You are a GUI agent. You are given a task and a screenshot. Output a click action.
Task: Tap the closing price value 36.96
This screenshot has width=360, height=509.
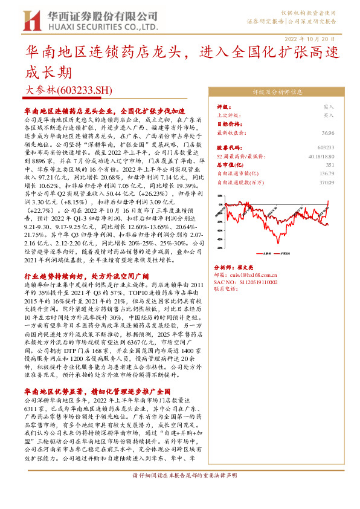pos(328,132)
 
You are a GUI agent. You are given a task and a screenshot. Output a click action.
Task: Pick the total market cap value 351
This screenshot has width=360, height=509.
pos(330,164)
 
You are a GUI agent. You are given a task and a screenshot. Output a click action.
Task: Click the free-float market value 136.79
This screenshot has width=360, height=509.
pos(327,173)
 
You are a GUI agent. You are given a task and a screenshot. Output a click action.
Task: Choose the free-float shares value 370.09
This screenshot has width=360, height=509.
pos(327,181)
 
